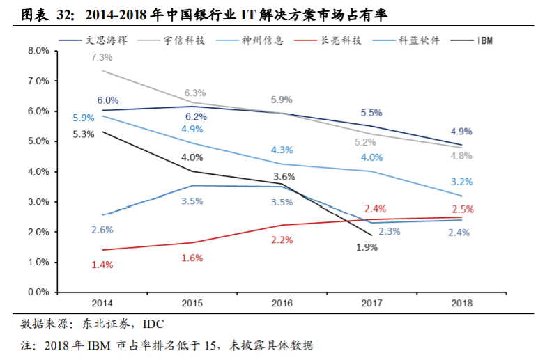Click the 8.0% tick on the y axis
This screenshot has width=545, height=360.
(38, 51)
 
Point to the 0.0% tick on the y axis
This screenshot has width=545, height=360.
(38, 292)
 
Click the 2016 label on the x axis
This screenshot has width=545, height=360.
(282, 304)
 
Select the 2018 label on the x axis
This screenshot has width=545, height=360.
(461, 304)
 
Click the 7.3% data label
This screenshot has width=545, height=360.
(102, 57)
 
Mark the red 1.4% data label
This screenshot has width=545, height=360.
(102, 265)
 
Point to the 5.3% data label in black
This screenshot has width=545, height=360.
(83, 134)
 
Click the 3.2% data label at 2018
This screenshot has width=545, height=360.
(462, 182)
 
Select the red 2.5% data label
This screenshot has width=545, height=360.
(462, 208)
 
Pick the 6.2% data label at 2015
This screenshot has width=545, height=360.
(196, 116)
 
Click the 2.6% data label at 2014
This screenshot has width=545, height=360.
(102, 229)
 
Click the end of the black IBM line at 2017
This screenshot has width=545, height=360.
(371, 235)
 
